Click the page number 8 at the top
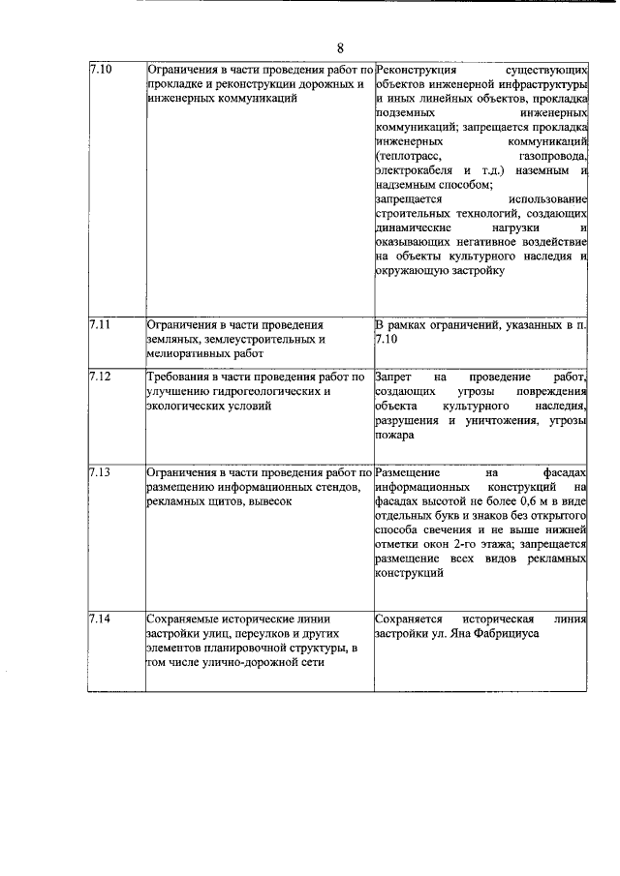(x=340, y=47)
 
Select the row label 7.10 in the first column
(x=100, y=71)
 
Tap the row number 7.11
(x=100, y=325)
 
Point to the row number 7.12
(x=100, y=376)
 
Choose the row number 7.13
(x=100, y=472)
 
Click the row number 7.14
(x=100, y=618)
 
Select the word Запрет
(x=394, y=376)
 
